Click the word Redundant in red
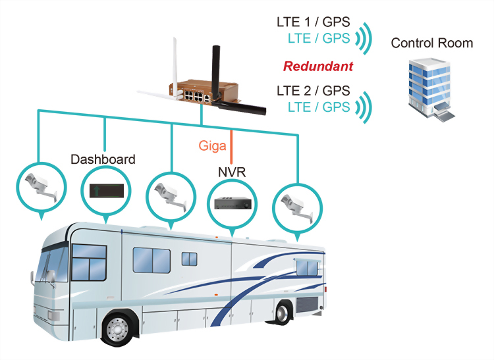point(318,66)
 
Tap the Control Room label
point(432,43)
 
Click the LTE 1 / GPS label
point(313,22)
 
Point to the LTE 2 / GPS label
point(313,91)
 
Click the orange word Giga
point(212,145)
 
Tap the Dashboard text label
point(103,159)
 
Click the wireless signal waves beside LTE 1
point(364,38)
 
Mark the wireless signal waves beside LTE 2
point(364,106)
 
